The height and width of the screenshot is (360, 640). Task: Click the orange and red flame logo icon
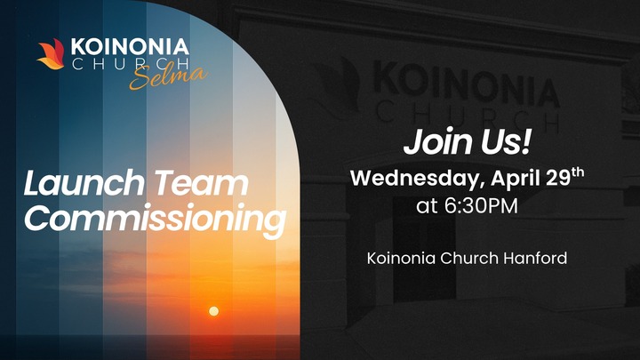pos(52,54)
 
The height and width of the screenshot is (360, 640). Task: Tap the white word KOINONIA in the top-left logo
pos(130,47)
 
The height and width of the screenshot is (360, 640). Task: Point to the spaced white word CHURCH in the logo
pos(130,64)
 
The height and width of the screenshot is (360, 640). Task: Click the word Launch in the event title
pos(84,183)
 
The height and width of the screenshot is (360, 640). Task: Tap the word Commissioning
pos(156,220)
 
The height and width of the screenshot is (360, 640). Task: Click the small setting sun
pos(213,311)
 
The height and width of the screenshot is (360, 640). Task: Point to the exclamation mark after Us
pos(526,141)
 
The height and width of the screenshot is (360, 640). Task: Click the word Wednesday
pos(418,179)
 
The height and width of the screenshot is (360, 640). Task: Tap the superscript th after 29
pos(578,173)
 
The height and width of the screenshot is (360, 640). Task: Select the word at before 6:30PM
pos(427,206)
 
